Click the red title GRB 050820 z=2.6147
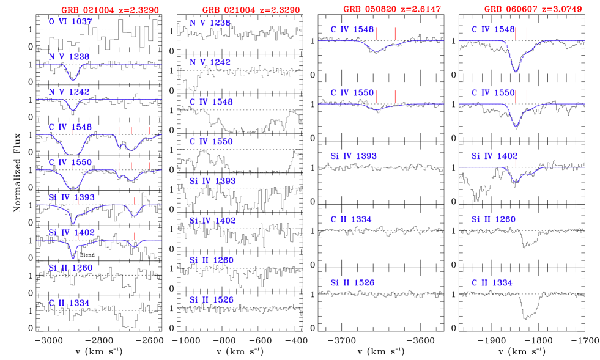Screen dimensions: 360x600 [391, 9]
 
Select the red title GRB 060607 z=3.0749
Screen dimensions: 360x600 [533, 9]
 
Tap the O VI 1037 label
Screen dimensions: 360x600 [70, 22]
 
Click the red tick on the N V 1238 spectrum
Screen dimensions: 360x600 [73, 59]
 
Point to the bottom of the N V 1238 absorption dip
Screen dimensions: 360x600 [73, 80]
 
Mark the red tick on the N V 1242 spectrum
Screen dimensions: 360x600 [73, 95]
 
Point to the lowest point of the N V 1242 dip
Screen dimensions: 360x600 [73, 110]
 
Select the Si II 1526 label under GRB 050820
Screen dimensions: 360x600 [352, 283]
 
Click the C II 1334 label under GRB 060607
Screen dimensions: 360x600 [492, 283]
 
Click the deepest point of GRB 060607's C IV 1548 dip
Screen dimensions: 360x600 [516, 71]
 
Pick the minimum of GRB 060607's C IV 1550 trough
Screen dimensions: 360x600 [516, 126]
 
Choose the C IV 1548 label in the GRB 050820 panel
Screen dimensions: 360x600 [352, 29]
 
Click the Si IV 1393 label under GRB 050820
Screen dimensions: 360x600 [354, 156]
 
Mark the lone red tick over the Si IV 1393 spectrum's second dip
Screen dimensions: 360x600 [135, 200]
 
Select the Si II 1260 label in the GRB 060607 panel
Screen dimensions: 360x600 [493, 219]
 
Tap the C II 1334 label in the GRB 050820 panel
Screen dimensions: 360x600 [351, 219]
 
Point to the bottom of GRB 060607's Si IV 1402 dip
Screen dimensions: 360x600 [517, 182]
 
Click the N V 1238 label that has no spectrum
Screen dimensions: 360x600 [210, 23]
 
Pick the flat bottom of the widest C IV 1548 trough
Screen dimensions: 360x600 [73, 153]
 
